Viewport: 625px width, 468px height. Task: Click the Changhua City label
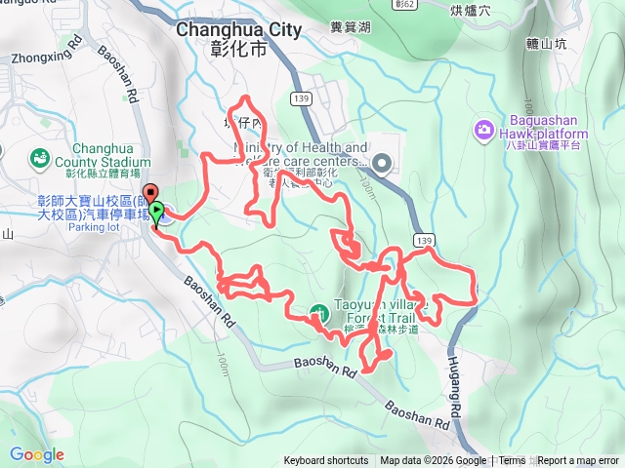tap(239, 29)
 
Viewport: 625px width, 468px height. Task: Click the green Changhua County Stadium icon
tap(38, 157)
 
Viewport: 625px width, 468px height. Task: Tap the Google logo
tap(36, 454)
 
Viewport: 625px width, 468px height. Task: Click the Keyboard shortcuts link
tap(326, 461)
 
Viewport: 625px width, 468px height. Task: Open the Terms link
tap(512, 461)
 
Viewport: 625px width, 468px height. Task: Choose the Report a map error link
tap(578, 461)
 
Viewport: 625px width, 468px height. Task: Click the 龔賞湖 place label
tap(349, 30)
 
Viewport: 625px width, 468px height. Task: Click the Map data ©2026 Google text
tap(433, 461)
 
